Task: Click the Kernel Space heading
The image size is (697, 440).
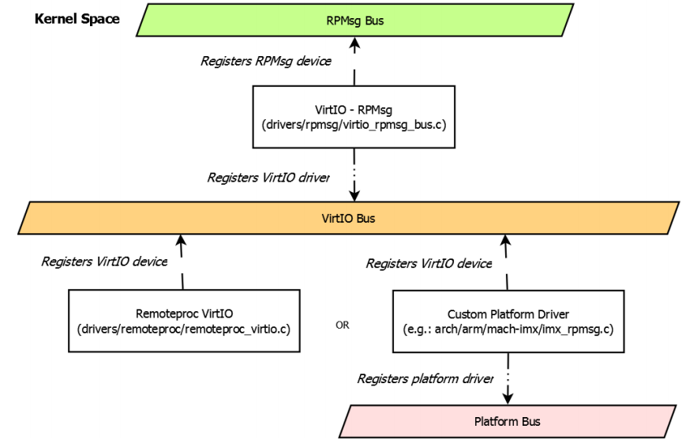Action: tap(77, 18)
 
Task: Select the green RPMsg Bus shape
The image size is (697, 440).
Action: tap(354, 21)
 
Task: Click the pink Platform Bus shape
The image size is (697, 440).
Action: tap(508, 421)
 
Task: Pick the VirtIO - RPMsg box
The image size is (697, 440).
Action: tap(354, 118)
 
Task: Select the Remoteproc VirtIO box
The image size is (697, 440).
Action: tap(184, 322)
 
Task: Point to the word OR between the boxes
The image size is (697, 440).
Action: tap(342, 325)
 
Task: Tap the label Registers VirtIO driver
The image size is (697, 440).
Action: tap(268, 178)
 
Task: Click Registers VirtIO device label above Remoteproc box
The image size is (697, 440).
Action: tap(104, 261)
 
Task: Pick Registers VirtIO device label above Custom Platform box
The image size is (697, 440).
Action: tap(429, 263)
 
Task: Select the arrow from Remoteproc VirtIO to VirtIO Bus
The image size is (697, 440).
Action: tap(182, 261)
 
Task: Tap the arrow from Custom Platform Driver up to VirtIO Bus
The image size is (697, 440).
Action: tap(507, 261)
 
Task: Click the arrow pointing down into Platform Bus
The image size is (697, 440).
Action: tap(508, 387)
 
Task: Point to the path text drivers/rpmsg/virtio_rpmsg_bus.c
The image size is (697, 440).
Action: tap(354, 125)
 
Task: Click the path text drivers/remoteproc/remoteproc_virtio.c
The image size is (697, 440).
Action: tap(184, 329)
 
